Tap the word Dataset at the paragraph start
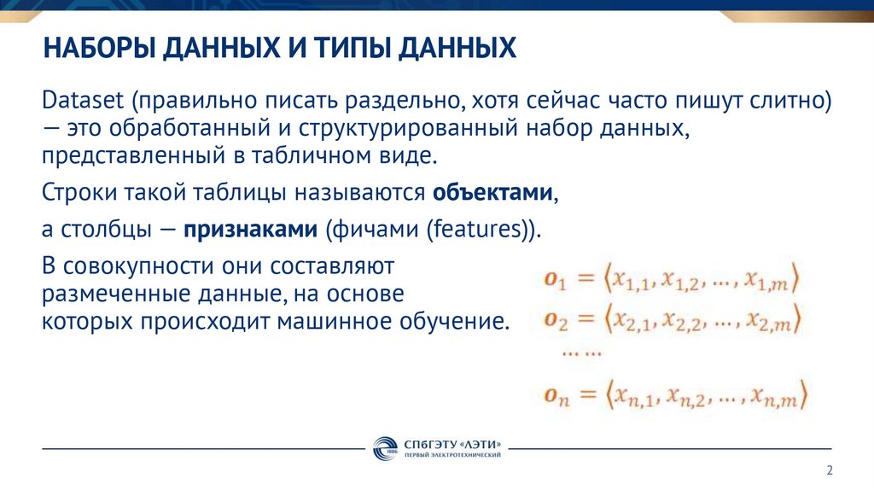[x=83, y=101]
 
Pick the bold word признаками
[x=246, y=230]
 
